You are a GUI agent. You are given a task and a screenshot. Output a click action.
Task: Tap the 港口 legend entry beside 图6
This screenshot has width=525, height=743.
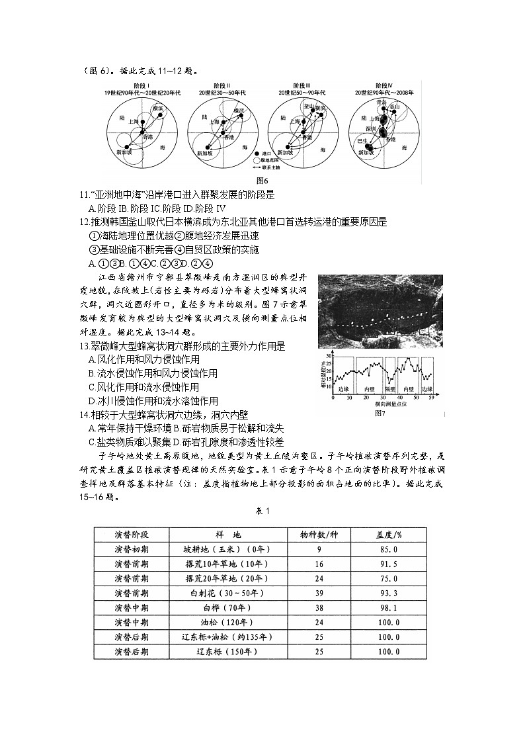click(267, 152)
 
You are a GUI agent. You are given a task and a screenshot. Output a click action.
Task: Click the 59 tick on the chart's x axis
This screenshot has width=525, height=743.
click(431, 398)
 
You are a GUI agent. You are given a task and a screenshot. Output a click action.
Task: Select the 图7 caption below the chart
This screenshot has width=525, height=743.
click(380, 413)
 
